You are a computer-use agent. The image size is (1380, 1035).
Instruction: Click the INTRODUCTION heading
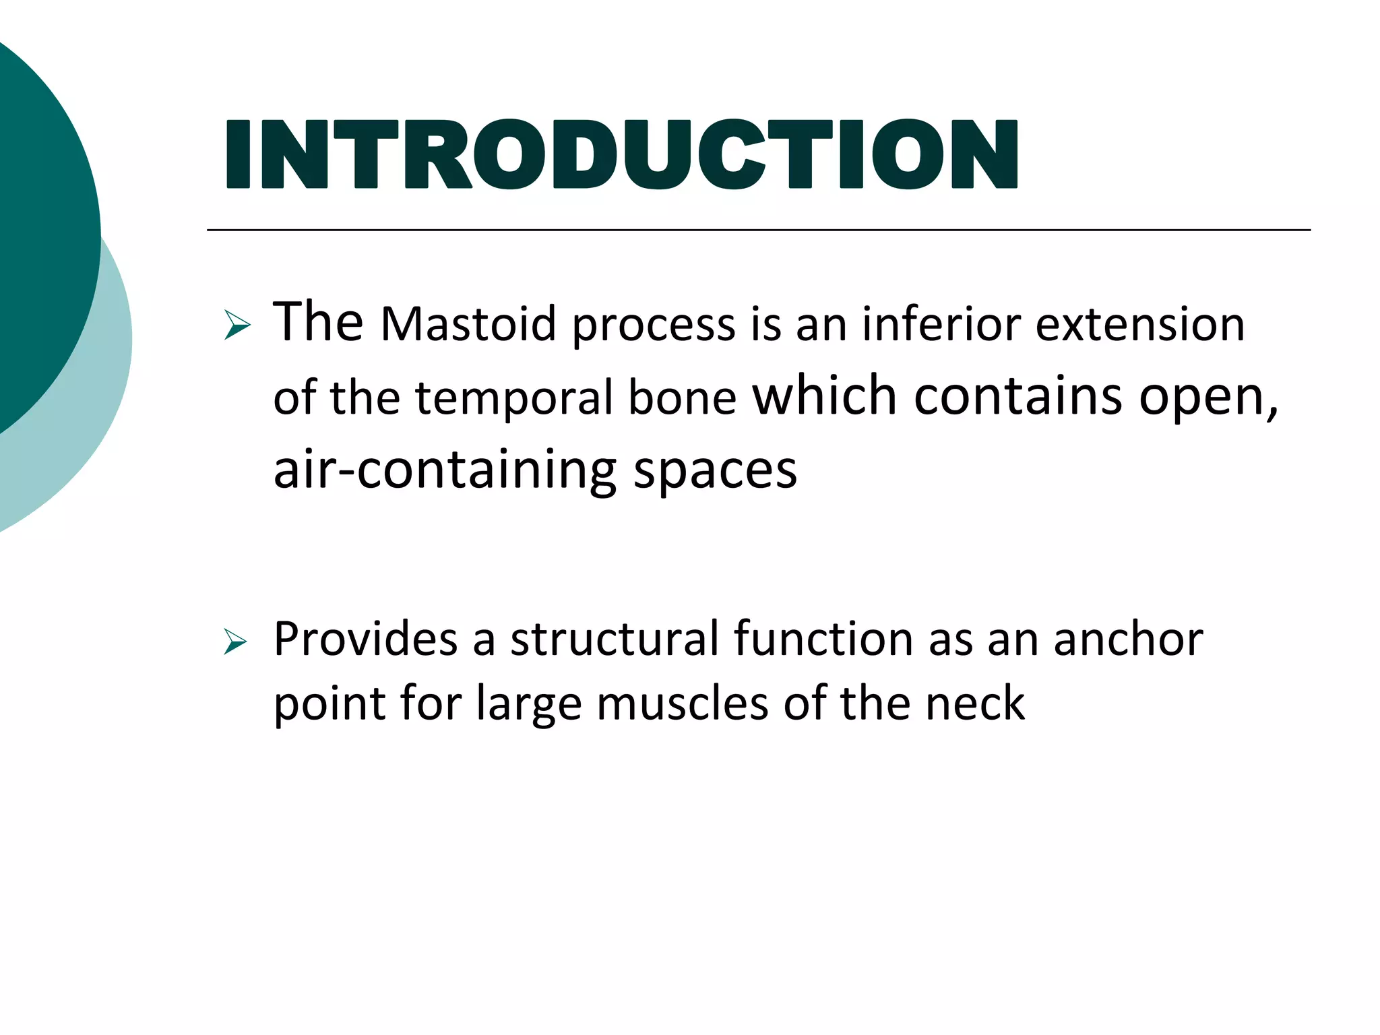[621, 154]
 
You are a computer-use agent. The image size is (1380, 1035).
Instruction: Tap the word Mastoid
[468, 325]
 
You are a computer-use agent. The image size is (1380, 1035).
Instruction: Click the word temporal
[514, 398]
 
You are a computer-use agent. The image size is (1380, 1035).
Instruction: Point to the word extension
[1139, 325]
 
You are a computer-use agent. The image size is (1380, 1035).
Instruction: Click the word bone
[682, 398]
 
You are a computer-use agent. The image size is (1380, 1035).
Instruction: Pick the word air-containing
[445, 470]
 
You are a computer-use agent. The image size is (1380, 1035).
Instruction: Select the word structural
[615, 639]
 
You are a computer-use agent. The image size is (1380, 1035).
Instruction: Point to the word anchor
[1128, 639]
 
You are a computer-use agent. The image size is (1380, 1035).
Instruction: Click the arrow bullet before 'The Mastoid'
[237, 325]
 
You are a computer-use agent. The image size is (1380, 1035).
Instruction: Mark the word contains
[1017, 396]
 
